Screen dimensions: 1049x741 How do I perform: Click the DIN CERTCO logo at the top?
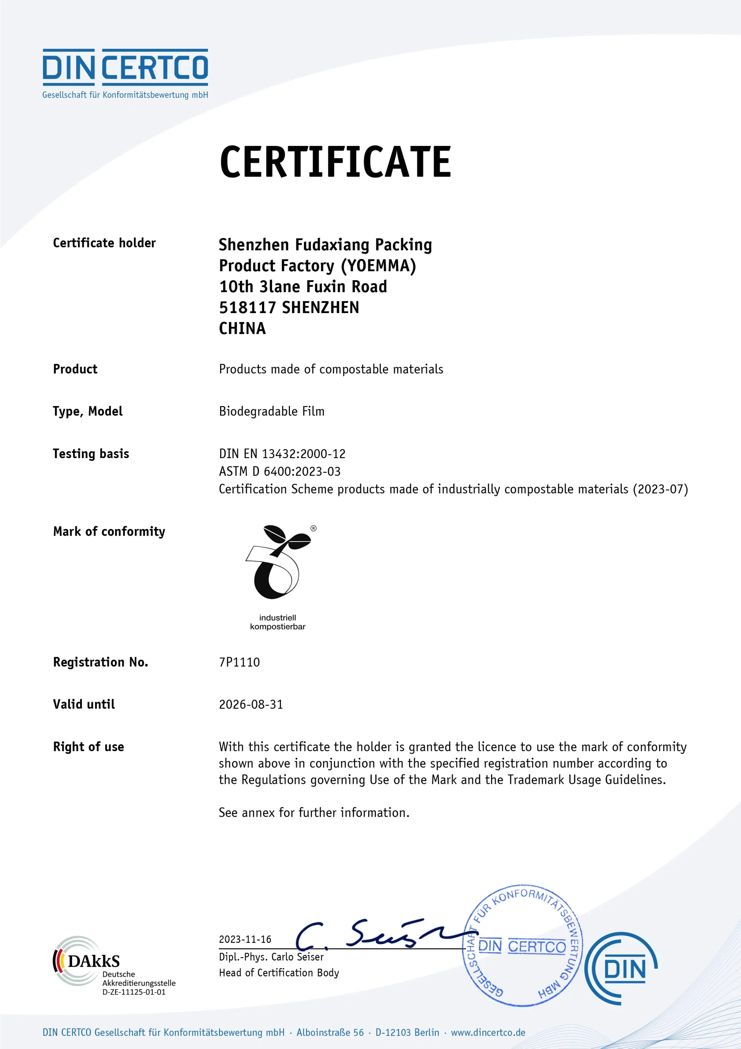[125, 73]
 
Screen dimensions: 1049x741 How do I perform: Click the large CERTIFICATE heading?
[335, 162]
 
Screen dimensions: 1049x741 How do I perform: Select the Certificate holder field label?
[104, 243]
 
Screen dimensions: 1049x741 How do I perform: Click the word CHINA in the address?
[242, 329]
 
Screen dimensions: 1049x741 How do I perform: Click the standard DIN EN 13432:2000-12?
[282, 454]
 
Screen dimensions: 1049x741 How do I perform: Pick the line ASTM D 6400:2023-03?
[280, 471]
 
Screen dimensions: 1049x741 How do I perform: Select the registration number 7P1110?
[239, 662]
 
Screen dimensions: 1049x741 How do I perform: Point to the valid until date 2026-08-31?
[251, 704]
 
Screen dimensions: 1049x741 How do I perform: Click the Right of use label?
[88, 747]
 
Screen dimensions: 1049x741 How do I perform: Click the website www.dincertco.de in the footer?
[488, 1032]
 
